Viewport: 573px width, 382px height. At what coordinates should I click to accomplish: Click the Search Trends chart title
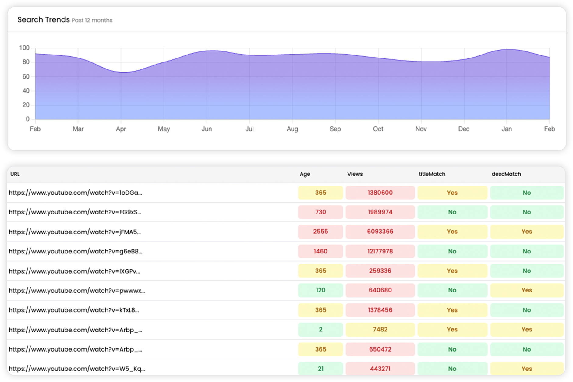pyautogui.click(x=44, y=20)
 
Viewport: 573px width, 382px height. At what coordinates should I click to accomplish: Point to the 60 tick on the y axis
pyautogui.click(x=26, y=76)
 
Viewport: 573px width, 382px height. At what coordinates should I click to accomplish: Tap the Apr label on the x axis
pyautogui.click(x=121, y=129)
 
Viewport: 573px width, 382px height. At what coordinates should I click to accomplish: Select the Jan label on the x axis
pyautogui.click(x=507, y=129)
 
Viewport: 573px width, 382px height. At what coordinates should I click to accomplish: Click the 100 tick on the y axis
pyautogui.click(x=24, y=48)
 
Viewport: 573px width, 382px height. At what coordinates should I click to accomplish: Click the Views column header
pyautogui.click(x=355, y=174)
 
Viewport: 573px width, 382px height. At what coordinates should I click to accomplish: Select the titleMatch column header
pyautogui.click(x=432, y=174)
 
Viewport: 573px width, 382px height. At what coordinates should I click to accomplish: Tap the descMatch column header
pyautogui.click(x=506, y=174)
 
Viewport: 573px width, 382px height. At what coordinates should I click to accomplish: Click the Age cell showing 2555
pyautogui.click(x=320, y=232)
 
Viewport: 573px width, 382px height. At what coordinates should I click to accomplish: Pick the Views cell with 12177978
pyautogui.click(x=380, y=251)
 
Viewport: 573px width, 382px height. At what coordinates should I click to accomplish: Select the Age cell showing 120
pyautogui.click(x=320, y=290)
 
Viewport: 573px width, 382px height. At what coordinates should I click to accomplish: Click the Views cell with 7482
pyautogui.click(x=380, y=330)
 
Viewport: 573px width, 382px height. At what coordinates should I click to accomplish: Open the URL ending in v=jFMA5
pyautogui.click(x=75, y=232)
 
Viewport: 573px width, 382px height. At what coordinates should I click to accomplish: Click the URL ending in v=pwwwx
pyautogui.click(x=77, y=291)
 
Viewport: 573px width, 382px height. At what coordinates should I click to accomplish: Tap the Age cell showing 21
pyautogui.click(x=320, y=369)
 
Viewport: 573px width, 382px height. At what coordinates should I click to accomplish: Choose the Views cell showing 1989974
pyautogui.click(x=380, y=212)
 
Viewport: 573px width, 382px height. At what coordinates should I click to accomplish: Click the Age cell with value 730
pyautogui.click(x=320, y=212)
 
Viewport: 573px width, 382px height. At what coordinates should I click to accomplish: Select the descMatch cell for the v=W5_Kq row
pyautogui.click(x=526, y=369)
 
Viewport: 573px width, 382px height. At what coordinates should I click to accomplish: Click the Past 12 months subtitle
pyautogui.click(x=92, y=20)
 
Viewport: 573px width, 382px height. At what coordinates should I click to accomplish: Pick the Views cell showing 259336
pyautogui.click(x=380, y=271)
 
